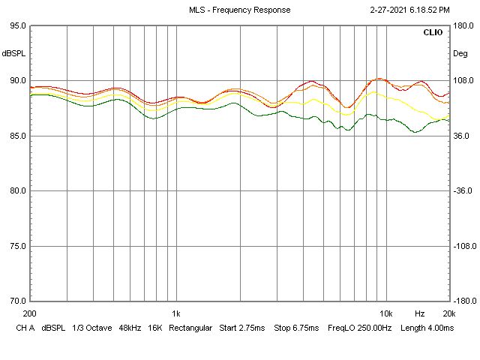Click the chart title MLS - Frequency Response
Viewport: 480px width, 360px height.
(239, 10)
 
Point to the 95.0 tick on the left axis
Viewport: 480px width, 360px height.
(16, 25)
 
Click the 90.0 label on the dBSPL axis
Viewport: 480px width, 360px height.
(16, 81)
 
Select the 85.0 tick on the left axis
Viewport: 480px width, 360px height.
(16, 136)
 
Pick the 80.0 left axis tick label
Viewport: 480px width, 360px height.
(16, 190)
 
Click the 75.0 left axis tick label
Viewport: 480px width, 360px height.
(16, 246)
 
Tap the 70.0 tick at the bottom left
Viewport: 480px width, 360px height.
(16, 301)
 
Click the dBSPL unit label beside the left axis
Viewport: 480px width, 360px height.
(13, 53)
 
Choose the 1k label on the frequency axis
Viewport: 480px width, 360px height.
(175, 313)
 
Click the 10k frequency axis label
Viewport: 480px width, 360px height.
(385, 313)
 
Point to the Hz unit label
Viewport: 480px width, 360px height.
(420, 313)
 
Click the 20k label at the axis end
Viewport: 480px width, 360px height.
(448, 313)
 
